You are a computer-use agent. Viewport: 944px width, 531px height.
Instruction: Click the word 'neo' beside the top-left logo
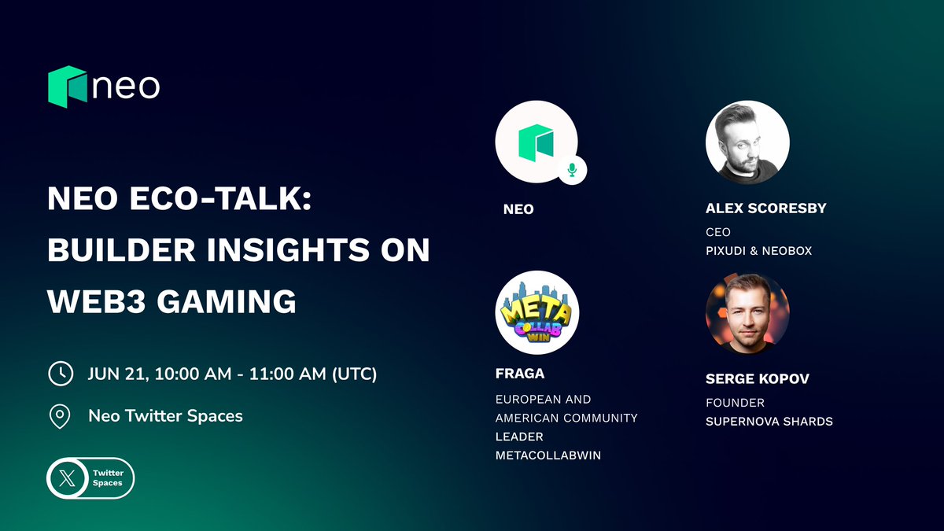(x=126, y=87)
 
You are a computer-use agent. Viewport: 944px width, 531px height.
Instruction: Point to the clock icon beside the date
(x=60, y=373)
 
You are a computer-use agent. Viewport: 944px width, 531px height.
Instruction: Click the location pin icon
(x=60, y=416)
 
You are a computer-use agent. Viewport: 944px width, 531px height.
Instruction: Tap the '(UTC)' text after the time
(x=353, y=374)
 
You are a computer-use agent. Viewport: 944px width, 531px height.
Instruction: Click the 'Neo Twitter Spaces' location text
(x=165, y=416)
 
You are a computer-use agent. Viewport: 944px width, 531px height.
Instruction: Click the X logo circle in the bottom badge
(x=65, y=478)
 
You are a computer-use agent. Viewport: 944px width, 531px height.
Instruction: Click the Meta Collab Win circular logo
(x=537, y=312)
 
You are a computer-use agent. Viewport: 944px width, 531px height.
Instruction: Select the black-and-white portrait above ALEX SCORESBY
(x=747, y=142)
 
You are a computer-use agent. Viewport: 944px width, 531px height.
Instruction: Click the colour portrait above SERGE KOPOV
(x=747, y=312)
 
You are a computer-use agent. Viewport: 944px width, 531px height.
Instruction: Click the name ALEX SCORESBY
(x=766, y=209)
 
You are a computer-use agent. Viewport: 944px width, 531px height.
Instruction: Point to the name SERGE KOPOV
(x=758, y=379)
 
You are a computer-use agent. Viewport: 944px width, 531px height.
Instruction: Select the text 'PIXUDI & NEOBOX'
(x=758, y=251)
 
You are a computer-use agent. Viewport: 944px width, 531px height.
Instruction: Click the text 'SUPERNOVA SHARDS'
(x=769, y=422)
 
